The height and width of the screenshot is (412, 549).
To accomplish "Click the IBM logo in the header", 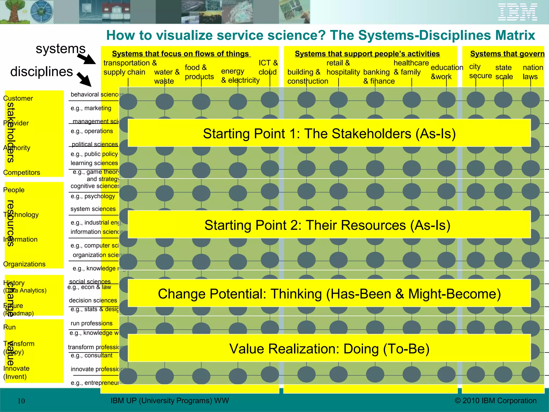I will [x=517, y=12].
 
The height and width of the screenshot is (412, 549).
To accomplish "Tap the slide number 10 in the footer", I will [x=21, y=401].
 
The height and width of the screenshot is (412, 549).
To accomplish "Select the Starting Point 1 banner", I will [x=329, y=133].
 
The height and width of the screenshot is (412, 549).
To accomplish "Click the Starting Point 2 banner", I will [x=329, y=225].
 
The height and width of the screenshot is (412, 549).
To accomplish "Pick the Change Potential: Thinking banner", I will [x=329, y=293].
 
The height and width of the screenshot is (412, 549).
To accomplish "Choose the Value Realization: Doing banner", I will [x=329, y=348].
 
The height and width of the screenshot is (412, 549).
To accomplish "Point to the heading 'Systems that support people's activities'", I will [x=367, y=54].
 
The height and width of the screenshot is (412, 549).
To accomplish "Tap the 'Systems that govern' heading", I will [x=507, y=54].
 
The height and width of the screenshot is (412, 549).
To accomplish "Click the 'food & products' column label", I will [x=199, y=72].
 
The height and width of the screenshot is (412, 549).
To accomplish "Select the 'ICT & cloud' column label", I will [x=268, y=67].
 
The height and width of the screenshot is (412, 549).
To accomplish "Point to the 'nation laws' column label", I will [x=532, y=72].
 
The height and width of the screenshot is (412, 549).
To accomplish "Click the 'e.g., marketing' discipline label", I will [x=91, y=108].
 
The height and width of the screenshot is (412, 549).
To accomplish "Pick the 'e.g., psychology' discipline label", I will [x=93, y=196].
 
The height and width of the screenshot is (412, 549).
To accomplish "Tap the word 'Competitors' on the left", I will [x=21, y=172].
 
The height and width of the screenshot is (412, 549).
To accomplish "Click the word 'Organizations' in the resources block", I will [x=24, y=264].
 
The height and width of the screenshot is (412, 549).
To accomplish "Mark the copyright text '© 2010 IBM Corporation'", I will [x=495, y=400].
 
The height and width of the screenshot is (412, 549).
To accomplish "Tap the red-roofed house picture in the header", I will [x=116, y=12].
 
